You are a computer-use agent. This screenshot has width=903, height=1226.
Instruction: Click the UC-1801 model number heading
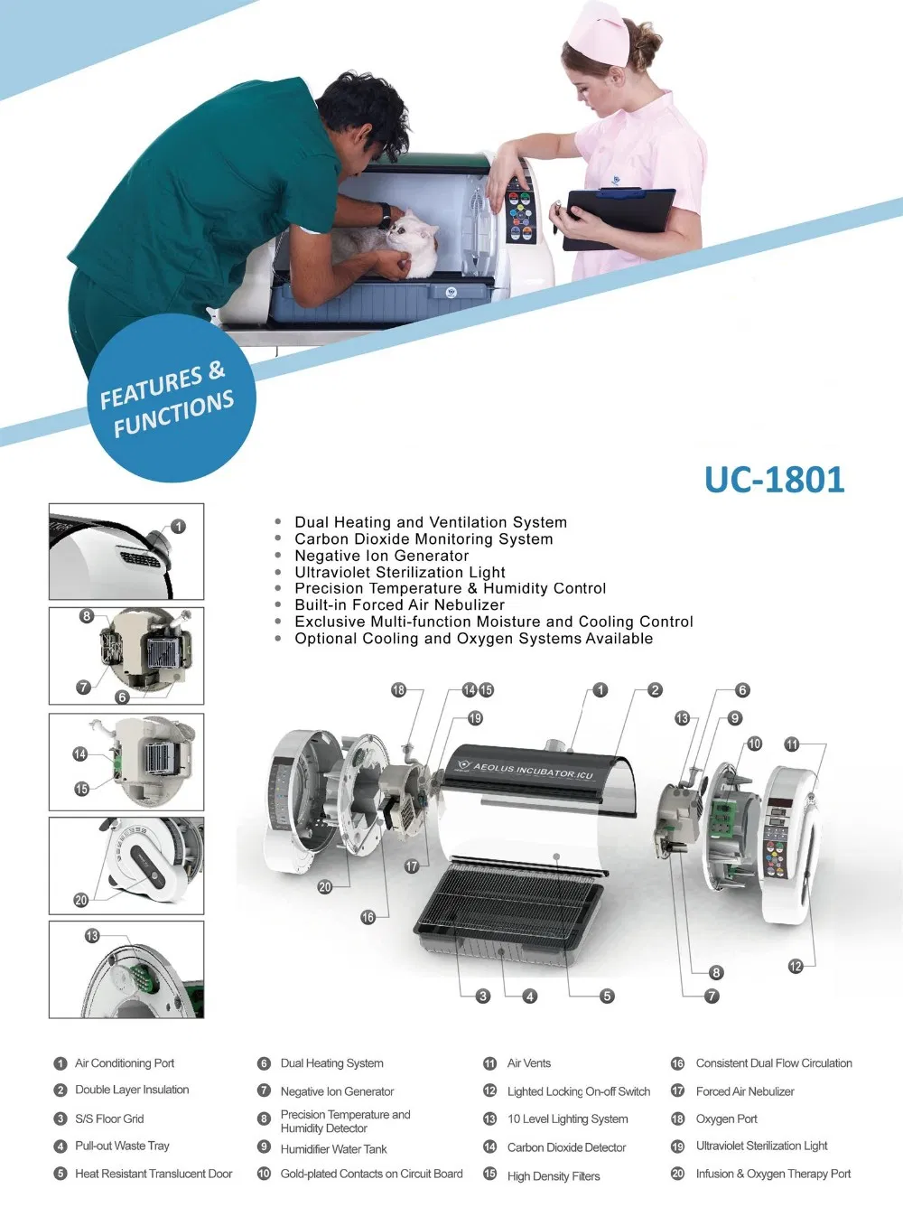click(774, 480)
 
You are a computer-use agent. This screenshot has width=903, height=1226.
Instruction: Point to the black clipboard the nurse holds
click(619, 218)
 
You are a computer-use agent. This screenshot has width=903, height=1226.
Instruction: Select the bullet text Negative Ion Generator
click(381, 556)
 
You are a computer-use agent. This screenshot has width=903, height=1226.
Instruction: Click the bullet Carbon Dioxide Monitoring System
click(424, 539)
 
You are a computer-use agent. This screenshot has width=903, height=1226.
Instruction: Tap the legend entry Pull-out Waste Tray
click(122, 1146)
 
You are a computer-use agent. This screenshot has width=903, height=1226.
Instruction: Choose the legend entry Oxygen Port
click(726, 1118)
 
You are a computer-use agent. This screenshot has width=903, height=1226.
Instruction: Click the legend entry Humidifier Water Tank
click(333, 1149)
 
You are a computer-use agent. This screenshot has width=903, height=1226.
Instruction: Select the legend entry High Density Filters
click(553, 1175)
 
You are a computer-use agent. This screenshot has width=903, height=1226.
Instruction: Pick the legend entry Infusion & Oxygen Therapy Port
click(773, 1174)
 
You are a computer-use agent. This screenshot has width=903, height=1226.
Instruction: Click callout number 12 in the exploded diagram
click(796, 967)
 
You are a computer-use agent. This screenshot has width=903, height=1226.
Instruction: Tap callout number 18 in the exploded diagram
click(398, 690)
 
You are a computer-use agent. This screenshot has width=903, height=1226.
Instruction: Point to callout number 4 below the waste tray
click(530, 996)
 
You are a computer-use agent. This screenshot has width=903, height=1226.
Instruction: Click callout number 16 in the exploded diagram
click(368, 917)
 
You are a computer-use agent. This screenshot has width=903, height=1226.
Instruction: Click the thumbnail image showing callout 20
click(126, 866)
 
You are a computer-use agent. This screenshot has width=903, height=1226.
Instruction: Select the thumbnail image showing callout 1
click(126, 551)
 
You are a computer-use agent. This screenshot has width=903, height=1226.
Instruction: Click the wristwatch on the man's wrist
click(386, 218)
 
